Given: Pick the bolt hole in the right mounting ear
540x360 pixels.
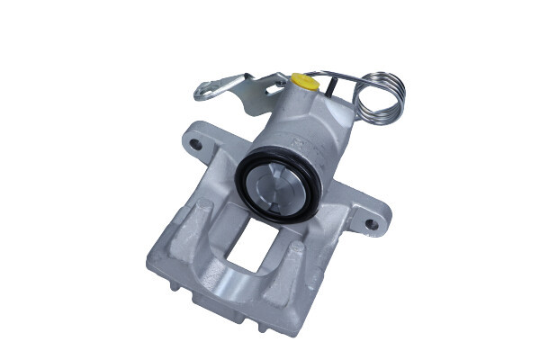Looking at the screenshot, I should point(369,221).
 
